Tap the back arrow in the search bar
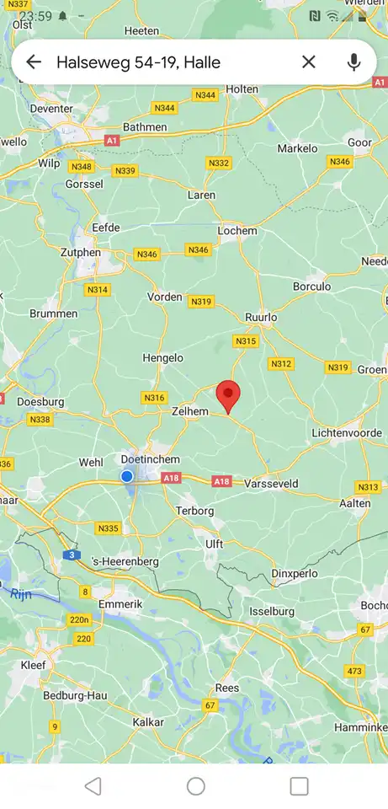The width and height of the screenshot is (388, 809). pyautogui.click(x=34, y=62)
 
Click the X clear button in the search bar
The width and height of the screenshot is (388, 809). pyautogui.click(x=309, y=62)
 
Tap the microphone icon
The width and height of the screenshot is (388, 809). pyautogui.click(x=353, y=62)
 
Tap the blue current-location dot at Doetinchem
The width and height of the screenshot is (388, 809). pyautogui.click(x=127, y=476)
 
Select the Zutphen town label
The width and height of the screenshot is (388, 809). pyautogui.click(x=81, y=252)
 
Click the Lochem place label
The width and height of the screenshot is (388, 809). pyautogui.click(x=237, y=231)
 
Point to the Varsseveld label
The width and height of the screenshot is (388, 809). pyautogui.click(x=271, y=484)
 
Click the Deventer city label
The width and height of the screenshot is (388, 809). pyautogui.click(x=51, y=109)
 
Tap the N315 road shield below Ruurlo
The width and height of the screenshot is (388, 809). pyautogui.click(x=246, y=341)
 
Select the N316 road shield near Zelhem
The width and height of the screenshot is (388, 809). pyautogui.click(x=155, y=398)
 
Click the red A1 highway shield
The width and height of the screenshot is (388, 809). pyautogui.click(x=112, y=140)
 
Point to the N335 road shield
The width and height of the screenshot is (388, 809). pyautogui.click(x=109, y=528)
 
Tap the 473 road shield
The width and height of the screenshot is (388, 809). pyautogui.click(x=353, y=671)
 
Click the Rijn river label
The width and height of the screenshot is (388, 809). pyautogui.click(x=21, y=593)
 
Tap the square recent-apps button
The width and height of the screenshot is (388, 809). pyautogui.click(x=299, y=786)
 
